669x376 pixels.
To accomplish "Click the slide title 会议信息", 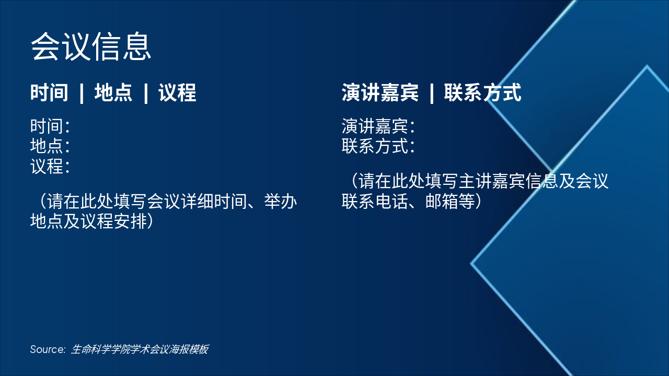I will coord(91,46).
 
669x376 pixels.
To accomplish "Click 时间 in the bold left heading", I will coord(49,93).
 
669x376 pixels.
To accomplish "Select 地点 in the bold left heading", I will coord(113,93).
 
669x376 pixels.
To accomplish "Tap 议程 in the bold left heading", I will coord(177,93).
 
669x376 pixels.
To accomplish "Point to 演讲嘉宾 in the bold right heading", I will coord(380,93).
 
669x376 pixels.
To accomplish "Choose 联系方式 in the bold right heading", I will coord(482,93).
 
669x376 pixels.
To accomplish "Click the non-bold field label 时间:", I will coord(50,126).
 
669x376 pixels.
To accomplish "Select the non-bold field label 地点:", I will coord(50,146).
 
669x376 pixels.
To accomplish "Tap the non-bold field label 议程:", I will coord(50,167).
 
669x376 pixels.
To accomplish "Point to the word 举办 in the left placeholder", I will coord(281,202).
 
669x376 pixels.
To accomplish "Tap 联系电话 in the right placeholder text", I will coord(375,202).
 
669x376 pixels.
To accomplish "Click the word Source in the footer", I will coord(47,349).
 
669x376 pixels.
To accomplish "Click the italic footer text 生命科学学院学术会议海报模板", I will coord(140,349).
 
